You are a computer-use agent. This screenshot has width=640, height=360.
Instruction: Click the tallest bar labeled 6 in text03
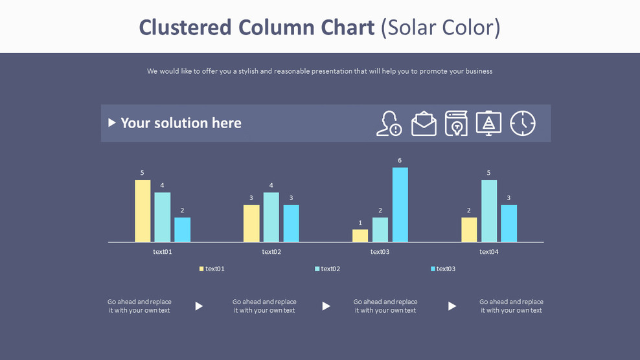pyautogui.click(x=400, y=205)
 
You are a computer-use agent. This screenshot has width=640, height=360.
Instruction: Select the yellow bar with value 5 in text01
pyautogui.click(x=143, y=211)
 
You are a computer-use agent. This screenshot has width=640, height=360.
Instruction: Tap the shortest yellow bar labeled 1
pyautogui.click(x=360, y=236)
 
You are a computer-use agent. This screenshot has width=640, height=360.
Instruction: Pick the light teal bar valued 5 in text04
pyautogui.click(x=489, y=211)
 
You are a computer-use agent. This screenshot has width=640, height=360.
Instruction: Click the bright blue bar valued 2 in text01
pyautogui.click(x=183, y=230)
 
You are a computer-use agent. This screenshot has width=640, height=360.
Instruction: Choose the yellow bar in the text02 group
pyautogui.click(x=251, y=223)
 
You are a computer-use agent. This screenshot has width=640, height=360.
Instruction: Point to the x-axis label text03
pyautogui.click(x=380, y=252)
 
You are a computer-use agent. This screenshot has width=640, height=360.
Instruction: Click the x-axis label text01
pyautogui.click(x=163, y=252)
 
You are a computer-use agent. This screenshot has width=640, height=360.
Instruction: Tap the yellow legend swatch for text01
pyautogui.click(x=201, y=269)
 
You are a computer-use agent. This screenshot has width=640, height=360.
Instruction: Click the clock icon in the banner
pyautogui.click(x=523, y=123)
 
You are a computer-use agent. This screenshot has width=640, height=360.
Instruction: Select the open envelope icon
pyautogui.click(x=424, y=123)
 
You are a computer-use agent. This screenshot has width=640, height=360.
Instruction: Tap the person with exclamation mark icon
pyautogui.click(x=389, y=123)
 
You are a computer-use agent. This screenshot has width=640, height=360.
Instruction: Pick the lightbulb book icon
pyautogui.click(x=456, y=123)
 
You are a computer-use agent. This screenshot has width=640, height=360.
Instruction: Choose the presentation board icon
pyautogui.click(x=488, y=123)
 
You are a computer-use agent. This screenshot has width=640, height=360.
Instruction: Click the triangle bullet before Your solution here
pyautogui.click(x=112, y=122)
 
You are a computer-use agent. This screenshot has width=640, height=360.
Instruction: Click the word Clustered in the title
pyautogui.click(x=185, y=27)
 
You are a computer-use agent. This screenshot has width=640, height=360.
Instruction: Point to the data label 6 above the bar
pyautogui.click(x=400, y=161)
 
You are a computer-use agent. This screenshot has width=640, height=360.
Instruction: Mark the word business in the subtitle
pyautogui.click(x=478, y=71)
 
